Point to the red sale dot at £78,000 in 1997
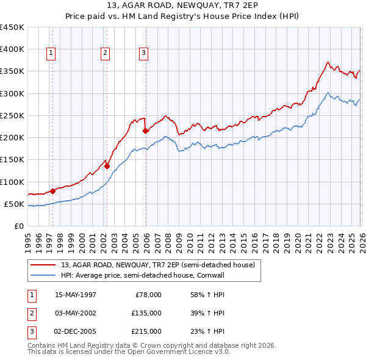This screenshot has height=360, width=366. click(53, 191)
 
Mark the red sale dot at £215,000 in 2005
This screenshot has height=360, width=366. click(145, 131)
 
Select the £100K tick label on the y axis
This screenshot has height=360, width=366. click(12, 182)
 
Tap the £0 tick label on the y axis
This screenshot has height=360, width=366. click(20, 226)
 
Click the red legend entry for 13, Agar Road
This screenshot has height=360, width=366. click(161, 264)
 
